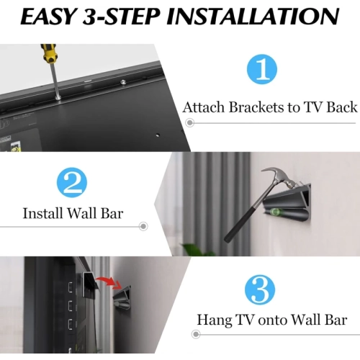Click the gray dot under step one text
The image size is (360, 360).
(x=190, y=122)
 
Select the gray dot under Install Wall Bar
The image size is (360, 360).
(x=143, y=226)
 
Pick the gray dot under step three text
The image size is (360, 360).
(x=195, y=334)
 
